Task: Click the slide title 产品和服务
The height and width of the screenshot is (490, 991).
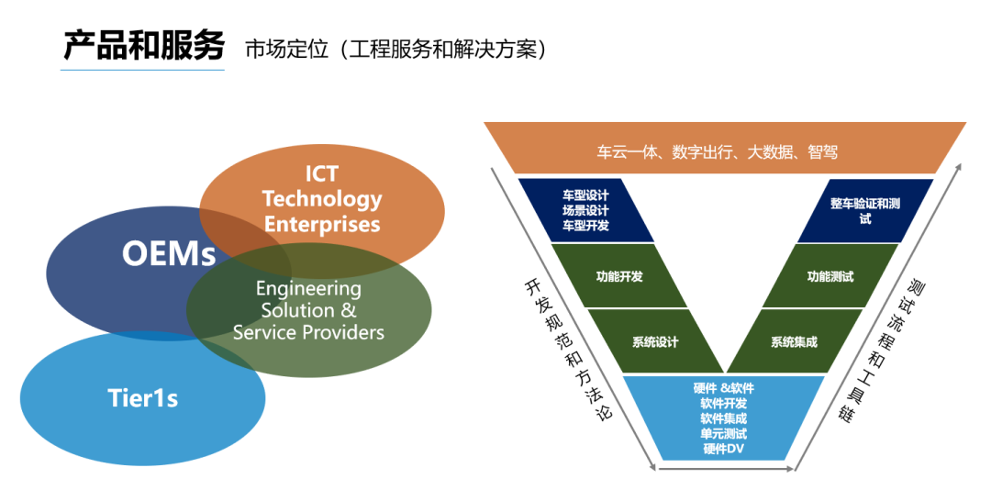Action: [x=143, y=45]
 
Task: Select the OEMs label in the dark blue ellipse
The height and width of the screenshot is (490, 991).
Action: [x=169, y=253]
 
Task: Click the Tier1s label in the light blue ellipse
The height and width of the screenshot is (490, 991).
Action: [x=143, y=398]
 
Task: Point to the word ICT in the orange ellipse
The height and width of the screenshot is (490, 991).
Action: [x=321, y=174]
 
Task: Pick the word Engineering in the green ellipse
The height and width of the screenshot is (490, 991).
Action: [x=308, y=288]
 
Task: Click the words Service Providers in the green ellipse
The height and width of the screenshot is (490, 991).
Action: [x=308, y=332]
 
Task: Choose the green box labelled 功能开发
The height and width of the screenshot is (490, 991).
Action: [x=619, y=275]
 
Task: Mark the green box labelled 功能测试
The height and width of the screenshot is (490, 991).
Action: [x=830, y=275]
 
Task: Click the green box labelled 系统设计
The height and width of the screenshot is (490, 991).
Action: [x=655, y=342]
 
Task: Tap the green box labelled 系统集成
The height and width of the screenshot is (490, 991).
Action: [x=794, y=342]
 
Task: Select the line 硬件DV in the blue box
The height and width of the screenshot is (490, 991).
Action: [x=724, y=449]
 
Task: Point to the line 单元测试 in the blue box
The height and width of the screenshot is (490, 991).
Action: [x=724, y=433]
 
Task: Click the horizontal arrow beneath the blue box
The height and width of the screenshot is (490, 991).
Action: [x=724, y=468]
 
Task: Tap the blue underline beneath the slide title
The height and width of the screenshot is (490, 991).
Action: [x=143, y=70]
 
